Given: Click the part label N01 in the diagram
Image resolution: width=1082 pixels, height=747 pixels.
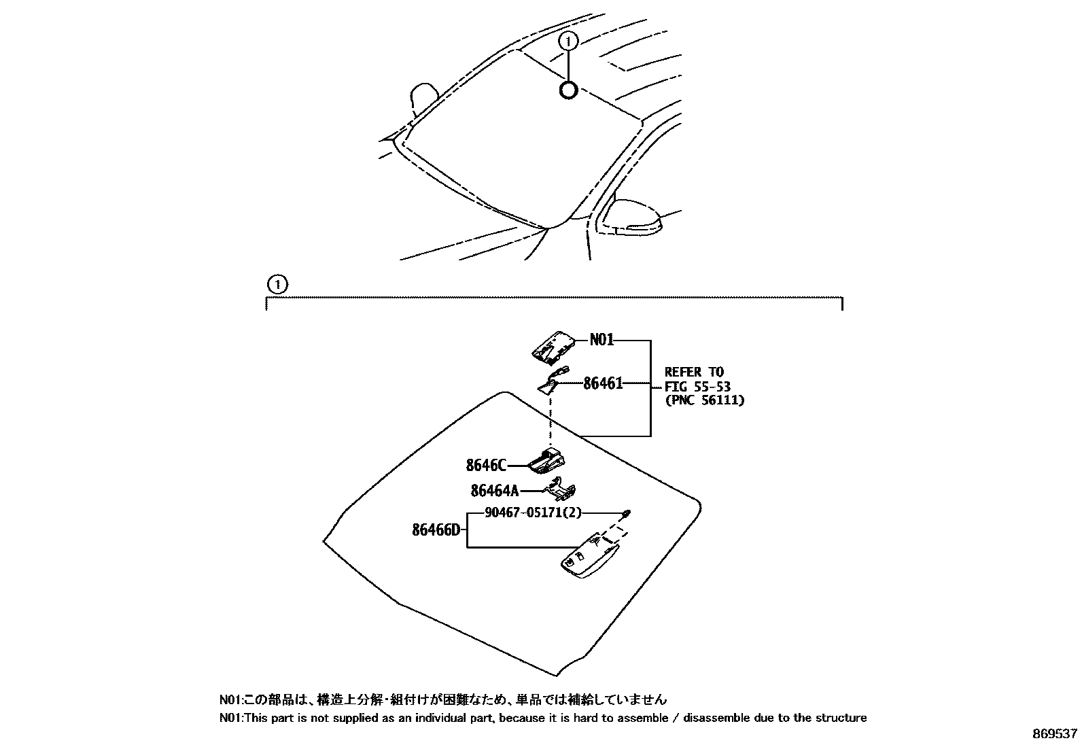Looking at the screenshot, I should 601,339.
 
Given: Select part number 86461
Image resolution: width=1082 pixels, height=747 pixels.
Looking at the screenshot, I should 603,383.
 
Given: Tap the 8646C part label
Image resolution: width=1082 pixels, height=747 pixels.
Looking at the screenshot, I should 486,466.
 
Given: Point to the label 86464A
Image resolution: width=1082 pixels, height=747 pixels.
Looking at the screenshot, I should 494,490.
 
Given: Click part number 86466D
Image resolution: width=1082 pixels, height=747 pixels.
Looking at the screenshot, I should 436,529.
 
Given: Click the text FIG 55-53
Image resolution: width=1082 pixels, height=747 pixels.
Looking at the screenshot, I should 697,386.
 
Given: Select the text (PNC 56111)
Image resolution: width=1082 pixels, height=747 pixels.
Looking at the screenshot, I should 704,400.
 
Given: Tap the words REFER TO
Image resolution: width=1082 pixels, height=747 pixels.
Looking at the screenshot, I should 694,372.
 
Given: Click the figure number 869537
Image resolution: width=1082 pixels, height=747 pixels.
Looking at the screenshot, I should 1055,734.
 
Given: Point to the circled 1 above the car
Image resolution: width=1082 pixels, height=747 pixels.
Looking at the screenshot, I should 568,41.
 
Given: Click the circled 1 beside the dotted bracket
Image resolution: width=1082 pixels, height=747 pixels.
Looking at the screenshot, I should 277,283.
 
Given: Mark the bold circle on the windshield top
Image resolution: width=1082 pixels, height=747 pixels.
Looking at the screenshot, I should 568,90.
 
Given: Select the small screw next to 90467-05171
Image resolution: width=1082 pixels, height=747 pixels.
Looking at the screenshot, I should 627,512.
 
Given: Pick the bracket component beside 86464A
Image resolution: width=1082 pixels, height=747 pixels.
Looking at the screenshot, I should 562,490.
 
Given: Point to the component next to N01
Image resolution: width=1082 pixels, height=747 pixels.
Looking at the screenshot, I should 554,347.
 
